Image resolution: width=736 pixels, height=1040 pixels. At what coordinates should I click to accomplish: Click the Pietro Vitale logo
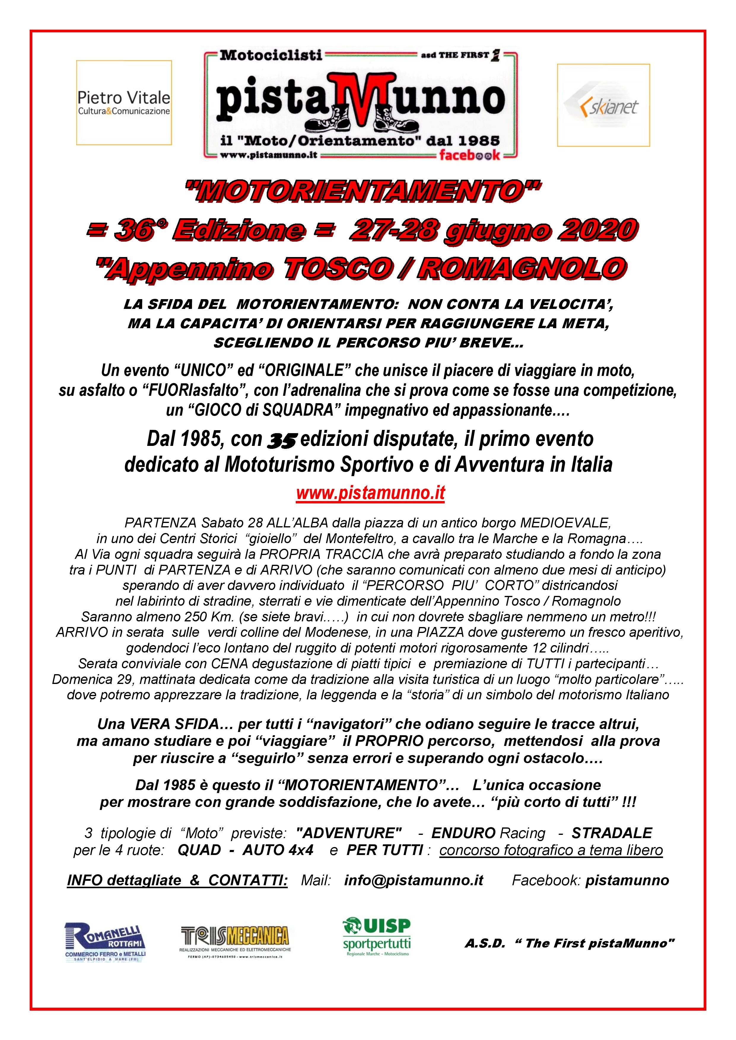(x=124, y=103)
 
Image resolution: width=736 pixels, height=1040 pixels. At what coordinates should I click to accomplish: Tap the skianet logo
(x=603, y=105)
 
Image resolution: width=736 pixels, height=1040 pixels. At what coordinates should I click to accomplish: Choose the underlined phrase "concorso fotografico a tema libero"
(x=551, y=850)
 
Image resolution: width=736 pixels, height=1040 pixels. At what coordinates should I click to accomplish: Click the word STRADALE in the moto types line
(x=611, y=832)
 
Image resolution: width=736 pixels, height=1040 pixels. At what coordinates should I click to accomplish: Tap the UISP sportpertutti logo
(x=377, y=937)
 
